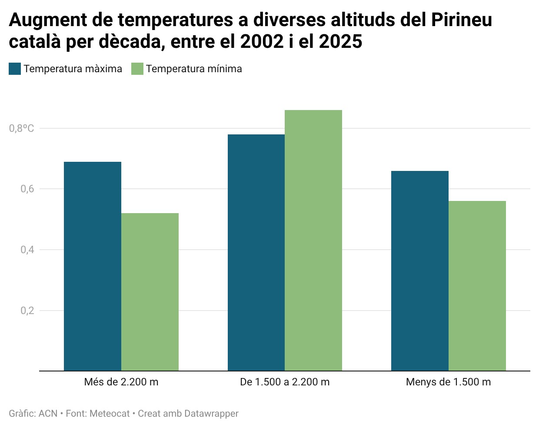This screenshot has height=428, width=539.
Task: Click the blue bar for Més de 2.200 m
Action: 93,266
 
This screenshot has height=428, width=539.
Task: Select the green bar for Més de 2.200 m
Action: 150,292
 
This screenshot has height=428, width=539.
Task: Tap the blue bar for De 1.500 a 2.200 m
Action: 256,253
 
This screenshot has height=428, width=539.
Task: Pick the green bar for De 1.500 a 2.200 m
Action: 313,240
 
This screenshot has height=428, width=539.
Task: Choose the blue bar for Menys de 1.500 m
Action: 420,271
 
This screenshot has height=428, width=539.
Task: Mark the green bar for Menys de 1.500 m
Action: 477,286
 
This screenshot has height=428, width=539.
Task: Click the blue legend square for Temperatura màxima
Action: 15,69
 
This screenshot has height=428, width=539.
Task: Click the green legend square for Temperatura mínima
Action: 137,69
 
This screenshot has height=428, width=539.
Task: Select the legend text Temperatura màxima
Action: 73,69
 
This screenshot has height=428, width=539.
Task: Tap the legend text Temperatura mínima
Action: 194,69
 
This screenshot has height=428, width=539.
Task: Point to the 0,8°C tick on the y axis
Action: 22,128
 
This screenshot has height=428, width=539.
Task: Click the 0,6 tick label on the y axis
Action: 27,189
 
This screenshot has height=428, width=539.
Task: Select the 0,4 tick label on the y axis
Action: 27,250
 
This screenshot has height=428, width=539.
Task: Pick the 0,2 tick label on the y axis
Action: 27,311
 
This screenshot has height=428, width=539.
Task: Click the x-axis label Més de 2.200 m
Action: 121,382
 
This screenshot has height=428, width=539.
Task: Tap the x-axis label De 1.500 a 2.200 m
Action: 285,382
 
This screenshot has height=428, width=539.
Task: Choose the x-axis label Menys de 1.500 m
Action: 448,382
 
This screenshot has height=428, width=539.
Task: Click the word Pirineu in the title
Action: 462,20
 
